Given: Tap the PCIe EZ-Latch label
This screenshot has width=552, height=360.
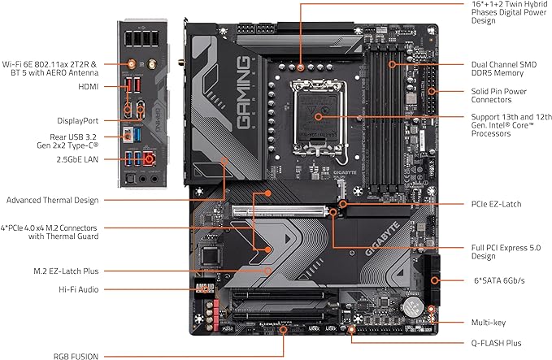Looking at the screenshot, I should pyautogui.click(x=500, y=203).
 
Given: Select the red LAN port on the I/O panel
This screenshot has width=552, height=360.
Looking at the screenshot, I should pyautogui.click(x=150, y=160).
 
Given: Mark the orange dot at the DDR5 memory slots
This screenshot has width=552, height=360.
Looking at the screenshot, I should pyautogui.click(x=391, y=63).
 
